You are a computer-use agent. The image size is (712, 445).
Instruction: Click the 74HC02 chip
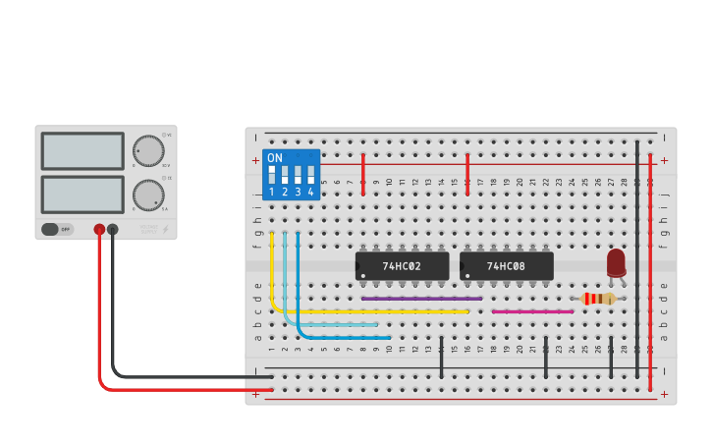click(x=402, y=266)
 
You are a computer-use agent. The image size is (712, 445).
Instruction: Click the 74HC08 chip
click(x=506, y=266)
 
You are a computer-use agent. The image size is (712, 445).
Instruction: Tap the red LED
click(x=616, y=262)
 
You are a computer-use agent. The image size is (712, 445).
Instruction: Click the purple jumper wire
click(x=422, y=299)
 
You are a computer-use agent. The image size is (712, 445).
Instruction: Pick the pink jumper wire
click(x=532, y=311)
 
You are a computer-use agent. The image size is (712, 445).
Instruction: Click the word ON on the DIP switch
click(x=275, y=158)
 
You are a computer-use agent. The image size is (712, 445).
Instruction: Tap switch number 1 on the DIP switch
click(x=272, y=177)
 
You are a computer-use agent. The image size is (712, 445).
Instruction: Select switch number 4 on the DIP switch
click(x=310, y=177)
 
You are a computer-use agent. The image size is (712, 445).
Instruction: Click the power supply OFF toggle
click(x=57, y=229)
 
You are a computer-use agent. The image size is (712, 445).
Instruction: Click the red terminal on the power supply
click(x=99, y=230)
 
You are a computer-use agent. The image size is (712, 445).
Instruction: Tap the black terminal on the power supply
click(x=113, y=230)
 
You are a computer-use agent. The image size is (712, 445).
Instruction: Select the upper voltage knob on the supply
click(x=148, y=150)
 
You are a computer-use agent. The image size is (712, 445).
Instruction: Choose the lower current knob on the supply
click(x=148, y=195)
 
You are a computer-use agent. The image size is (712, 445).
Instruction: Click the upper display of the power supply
click(x=82, y=151)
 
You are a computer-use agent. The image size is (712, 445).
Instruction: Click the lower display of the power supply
click(x=82, y=195)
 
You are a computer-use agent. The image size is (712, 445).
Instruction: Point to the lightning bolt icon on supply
click(x=165, y=230)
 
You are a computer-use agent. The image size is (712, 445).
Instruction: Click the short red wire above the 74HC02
click(x=363, y=174)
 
